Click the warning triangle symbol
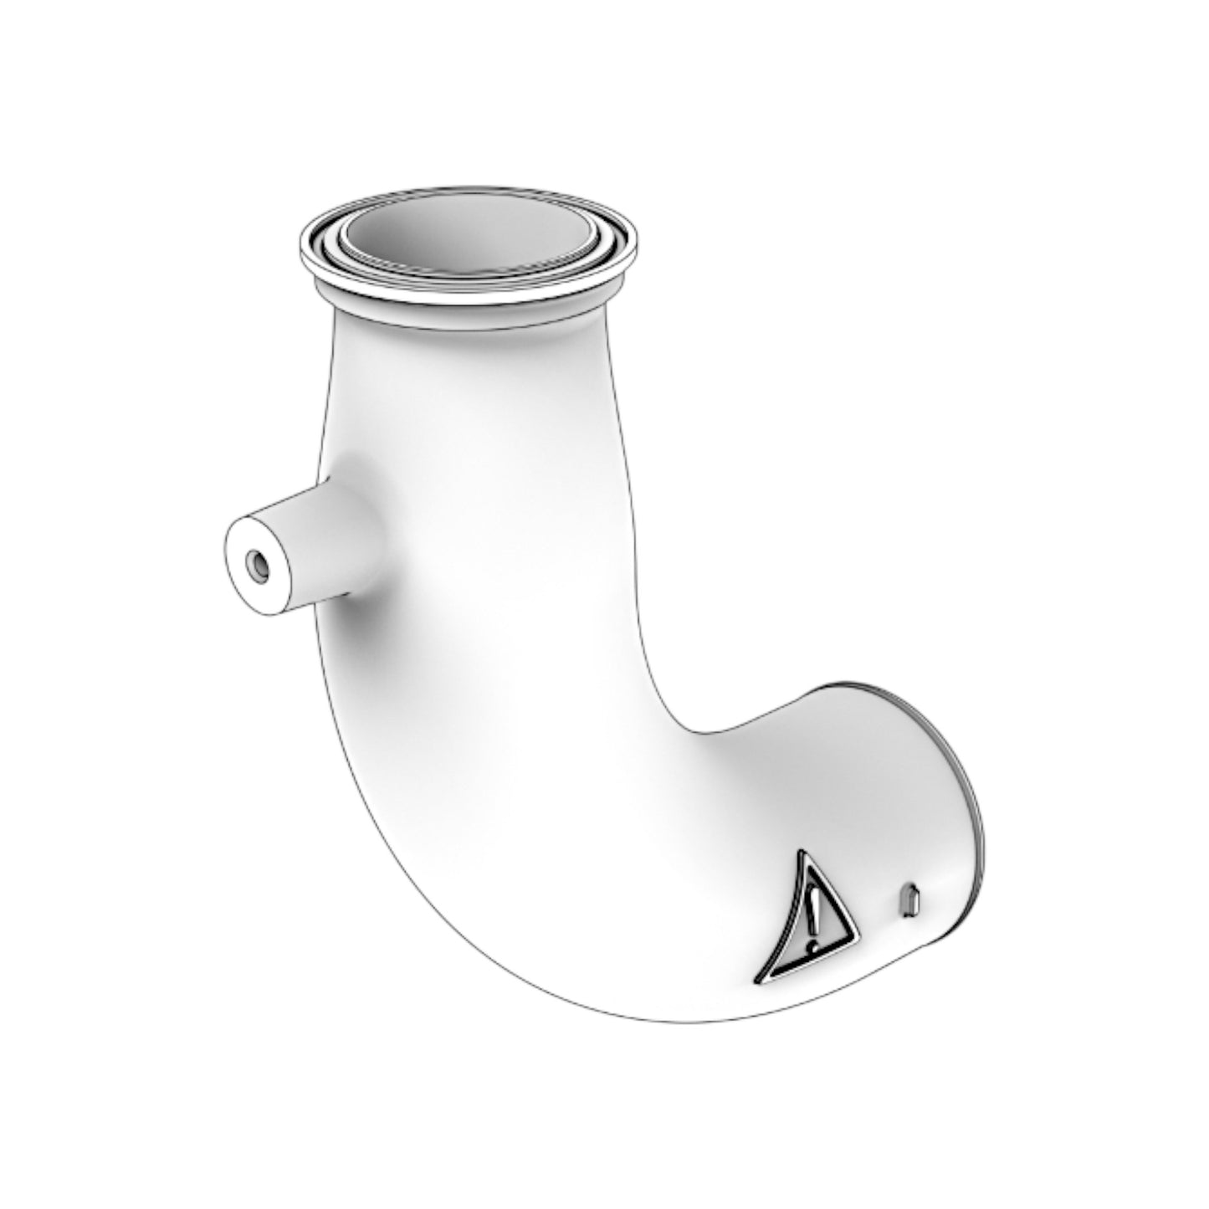click(x=805, y=920)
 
